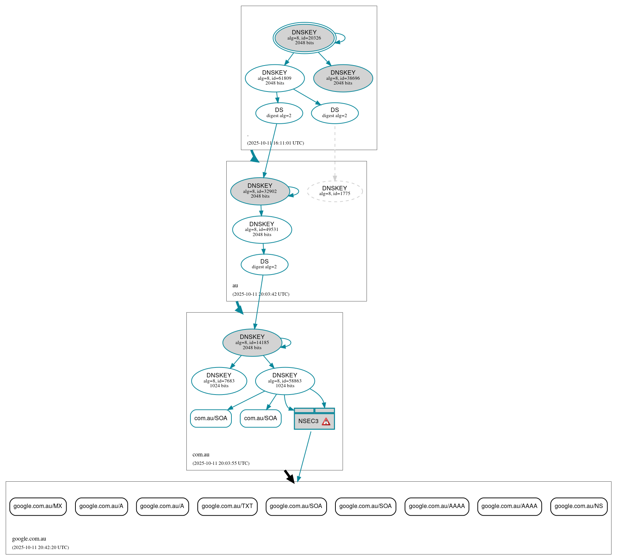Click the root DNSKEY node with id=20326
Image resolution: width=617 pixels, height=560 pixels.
click(304, 38)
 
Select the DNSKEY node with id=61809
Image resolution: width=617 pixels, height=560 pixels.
click(275, 78)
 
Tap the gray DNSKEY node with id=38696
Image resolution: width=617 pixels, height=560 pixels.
click(343, 78)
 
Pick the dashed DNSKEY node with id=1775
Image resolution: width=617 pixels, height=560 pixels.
click(335, 191)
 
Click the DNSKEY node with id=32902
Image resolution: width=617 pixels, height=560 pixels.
click(260, 191)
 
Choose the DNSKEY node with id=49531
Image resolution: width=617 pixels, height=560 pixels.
click(262, 229)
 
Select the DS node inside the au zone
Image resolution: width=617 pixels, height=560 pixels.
click(264, 264)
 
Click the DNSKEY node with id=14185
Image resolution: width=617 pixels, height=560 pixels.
click(252, 342)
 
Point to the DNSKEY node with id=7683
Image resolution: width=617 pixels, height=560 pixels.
click(219, 381)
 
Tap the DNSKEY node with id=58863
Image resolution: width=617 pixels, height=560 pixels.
click(285, 381)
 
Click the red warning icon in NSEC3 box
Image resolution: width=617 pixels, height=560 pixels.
click(326, 422)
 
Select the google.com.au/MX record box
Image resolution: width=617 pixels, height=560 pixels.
click(38, 506)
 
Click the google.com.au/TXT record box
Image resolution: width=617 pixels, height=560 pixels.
click(227, 506)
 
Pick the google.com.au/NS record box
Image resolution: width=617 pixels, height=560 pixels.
click(579, 506)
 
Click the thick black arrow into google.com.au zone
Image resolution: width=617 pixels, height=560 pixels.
click(289, 477)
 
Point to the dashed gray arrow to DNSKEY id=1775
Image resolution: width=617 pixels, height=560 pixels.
click(335, 154)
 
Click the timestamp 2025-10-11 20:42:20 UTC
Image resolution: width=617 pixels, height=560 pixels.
click(40, 548)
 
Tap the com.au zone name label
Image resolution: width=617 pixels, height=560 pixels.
click(201, 455)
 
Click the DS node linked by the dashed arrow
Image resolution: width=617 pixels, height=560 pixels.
click(335, 113)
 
